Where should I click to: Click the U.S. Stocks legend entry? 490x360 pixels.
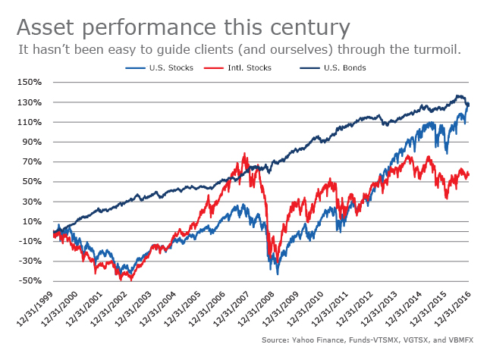172,67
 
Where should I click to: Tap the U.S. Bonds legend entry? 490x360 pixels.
346,67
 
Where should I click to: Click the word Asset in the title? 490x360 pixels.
46,28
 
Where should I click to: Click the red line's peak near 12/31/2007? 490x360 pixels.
244,154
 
